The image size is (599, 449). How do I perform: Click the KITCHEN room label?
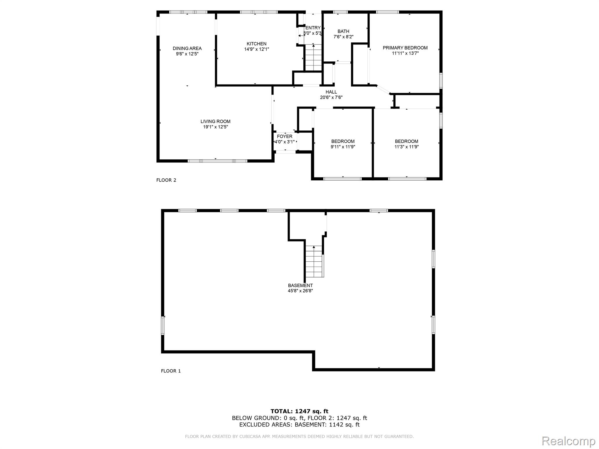pos(257,44)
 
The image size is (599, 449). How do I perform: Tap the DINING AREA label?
pos(187,49)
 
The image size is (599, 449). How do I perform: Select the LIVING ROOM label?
pos(216,122)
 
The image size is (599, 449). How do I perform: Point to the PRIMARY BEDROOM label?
pos(405,48)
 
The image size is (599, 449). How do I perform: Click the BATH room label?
pos(343,32)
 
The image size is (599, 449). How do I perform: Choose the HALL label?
pos(331,92)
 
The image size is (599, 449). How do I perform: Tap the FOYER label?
pos(285,137)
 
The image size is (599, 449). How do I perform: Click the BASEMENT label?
pos(300,286)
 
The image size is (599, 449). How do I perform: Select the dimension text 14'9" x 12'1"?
pos(257,49)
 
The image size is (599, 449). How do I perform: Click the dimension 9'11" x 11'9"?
pos(343,147)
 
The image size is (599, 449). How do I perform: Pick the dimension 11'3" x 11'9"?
pos(407,147)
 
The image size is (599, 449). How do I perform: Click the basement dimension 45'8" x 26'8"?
pos(300,291)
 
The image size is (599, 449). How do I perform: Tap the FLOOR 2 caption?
pos(166,180)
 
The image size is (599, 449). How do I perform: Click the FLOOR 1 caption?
pos(171,371)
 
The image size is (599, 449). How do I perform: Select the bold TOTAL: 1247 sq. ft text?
pos(299,412)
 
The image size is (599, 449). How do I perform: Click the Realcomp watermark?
pos(569,441)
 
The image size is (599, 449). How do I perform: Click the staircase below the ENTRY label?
pos(313,58)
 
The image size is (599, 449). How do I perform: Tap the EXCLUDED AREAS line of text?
pos(299,425)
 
